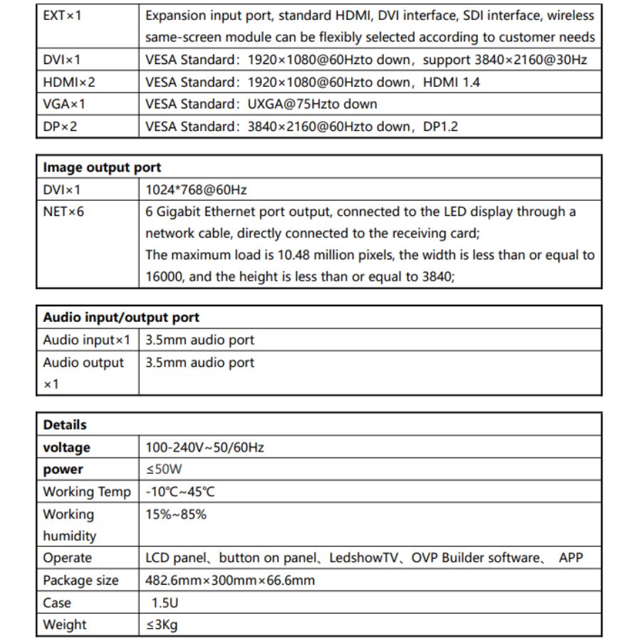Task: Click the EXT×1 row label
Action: coord(63,15)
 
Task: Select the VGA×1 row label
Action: coord(64,104)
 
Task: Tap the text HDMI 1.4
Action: coord(452,82)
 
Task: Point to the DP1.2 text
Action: coord(437,126)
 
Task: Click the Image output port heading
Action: coord(102,167)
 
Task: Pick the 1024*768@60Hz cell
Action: coord(196,189)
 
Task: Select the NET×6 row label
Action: coord(63,212)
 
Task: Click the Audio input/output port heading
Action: coord(121,318)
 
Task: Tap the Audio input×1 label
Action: coord(87,340)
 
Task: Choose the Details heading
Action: coord(65,424)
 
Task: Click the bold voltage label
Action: coord(67,447)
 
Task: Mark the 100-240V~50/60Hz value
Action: coord(204,447)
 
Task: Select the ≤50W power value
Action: coord(164,469)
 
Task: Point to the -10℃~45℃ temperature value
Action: coord(180,491)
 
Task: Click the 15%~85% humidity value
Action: coord(176,514)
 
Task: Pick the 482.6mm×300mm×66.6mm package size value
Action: coord(230,580)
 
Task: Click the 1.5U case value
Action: coord(165,603)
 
